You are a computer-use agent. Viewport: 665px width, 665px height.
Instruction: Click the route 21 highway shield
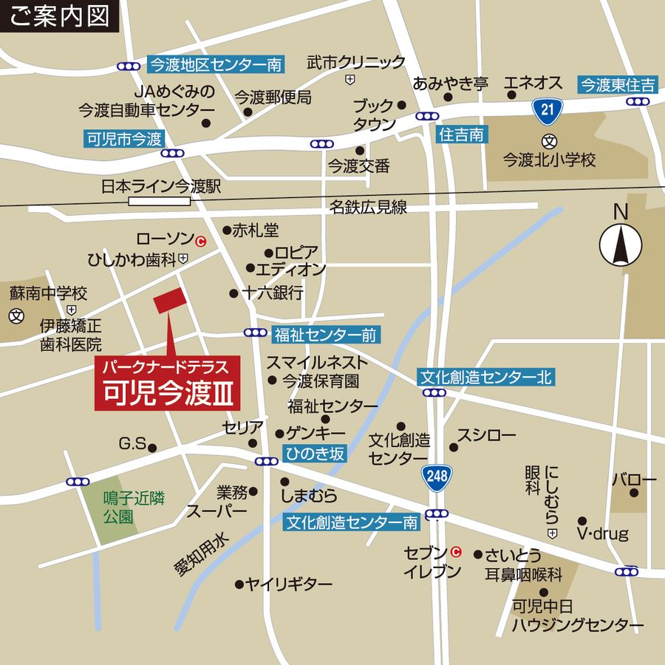(x=546, y=110)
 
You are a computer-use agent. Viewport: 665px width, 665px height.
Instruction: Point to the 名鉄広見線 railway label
(x=368, y=208)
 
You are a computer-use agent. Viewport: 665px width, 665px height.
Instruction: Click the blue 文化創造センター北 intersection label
(x=485, y=378)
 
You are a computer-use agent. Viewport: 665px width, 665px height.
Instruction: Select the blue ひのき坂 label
(x=313, y=454)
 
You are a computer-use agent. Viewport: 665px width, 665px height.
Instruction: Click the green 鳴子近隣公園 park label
(x=123, y=506)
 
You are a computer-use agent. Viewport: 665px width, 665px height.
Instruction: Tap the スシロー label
(x=485, y=435)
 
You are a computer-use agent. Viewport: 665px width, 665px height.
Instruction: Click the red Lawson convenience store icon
(x=200, y=240)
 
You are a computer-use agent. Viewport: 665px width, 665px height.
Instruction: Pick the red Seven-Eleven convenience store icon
(x=456, y=551)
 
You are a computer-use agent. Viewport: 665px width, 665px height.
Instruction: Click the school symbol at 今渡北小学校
(x=548, y=141)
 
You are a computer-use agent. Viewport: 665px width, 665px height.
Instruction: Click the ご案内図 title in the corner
(x=60, y=16)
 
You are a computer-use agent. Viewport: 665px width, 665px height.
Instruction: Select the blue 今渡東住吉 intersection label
(x=617, y=84)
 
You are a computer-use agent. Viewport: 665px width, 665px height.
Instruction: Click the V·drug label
(x=602, y=533)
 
